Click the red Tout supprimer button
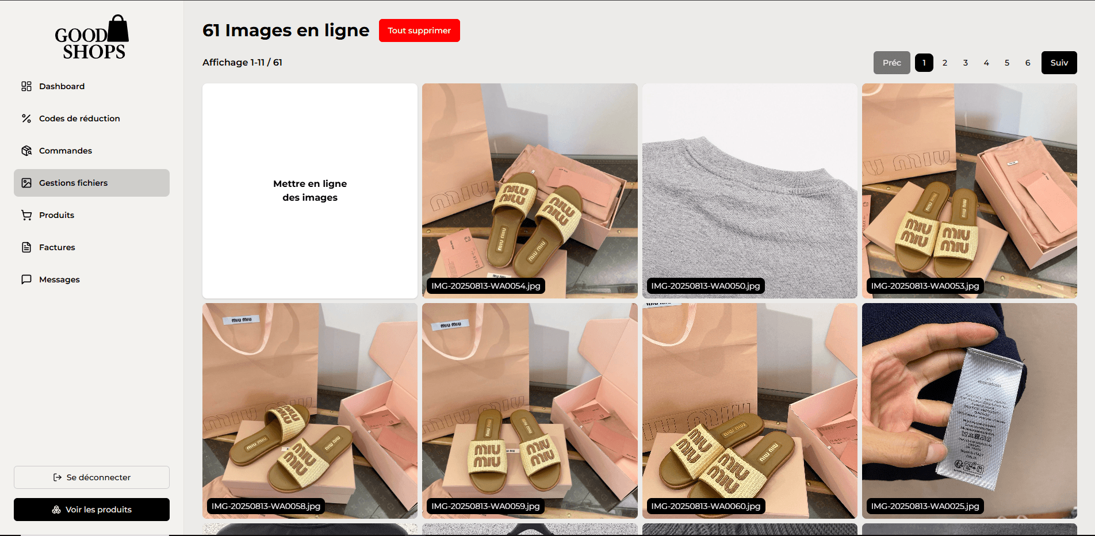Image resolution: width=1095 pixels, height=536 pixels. click(419, 30)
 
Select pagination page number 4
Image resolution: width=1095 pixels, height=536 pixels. click(986, 63)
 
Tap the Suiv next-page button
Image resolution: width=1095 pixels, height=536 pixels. click(1059, 63)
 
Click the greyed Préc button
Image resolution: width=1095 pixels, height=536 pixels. click(891, 63)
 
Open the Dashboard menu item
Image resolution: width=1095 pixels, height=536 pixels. click(62, 86)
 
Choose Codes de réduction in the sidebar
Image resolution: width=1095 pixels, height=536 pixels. click(79, 118)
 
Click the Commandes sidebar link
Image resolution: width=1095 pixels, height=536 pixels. click(66, 151)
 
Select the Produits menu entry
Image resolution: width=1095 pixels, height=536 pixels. click(56, 215)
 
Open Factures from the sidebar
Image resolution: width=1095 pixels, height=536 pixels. click(57, 247)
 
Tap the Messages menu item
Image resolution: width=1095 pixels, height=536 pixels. click(59, 280)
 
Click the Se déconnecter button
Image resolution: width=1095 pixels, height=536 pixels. click(91, 477)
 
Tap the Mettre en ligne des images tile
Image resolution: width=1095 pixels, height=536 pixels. click(310, 190)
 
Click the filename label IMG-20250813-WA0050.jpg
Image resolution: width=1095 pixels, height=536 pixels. click(706, 286)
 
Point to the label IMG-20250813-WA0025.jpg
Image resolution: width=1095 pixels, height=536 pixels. click(925, 506)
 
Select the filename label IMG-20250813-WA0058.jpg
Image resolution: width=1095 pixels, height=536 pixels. click(266, 506)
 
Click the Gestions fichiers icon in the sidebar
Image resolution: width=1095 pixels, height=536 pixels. click(26, 183)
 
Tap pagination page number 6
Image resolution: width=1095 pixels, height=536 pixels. click(1028, 63)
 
